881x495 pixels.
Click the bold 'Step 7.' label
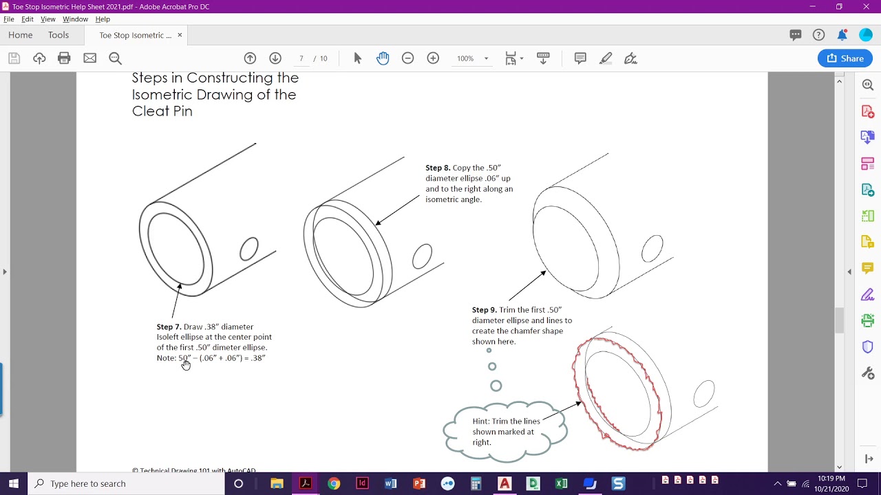tap(169, 327)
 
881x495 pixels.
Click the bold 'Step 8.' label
tap(438, 168)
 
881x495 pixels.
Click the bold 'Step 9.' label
tap(484, 310)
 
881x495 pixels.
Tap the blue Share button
tap(845, 58)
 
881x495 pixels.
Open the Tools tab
tap(59, 35)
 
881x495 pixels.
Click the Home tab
tap(21, 35)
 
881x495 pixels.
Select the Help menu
tap(103, 19)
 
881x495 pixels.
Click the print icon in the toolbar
tap(64, 58)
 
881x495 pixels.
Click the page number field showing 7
tap(301, 58)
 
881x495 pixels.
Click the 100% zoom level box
tap(466, 58)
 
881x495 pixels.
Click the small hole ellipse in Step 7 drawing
tap(249, 249)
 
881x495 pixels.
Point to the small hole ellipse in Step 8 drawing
tap(422, 256)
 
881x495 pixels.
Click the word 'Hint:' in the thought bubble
tap(482, 421)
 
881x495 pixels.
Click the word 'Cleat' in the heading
tap(149, 111)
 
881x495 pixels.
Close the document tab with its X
tap(180, 35)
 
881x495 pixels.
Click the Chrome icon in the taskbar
tap(334, 484)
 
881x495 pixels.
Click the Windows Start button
tap(14, 484)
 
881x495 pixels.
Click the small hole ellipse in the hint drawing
tap(704, 395)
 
